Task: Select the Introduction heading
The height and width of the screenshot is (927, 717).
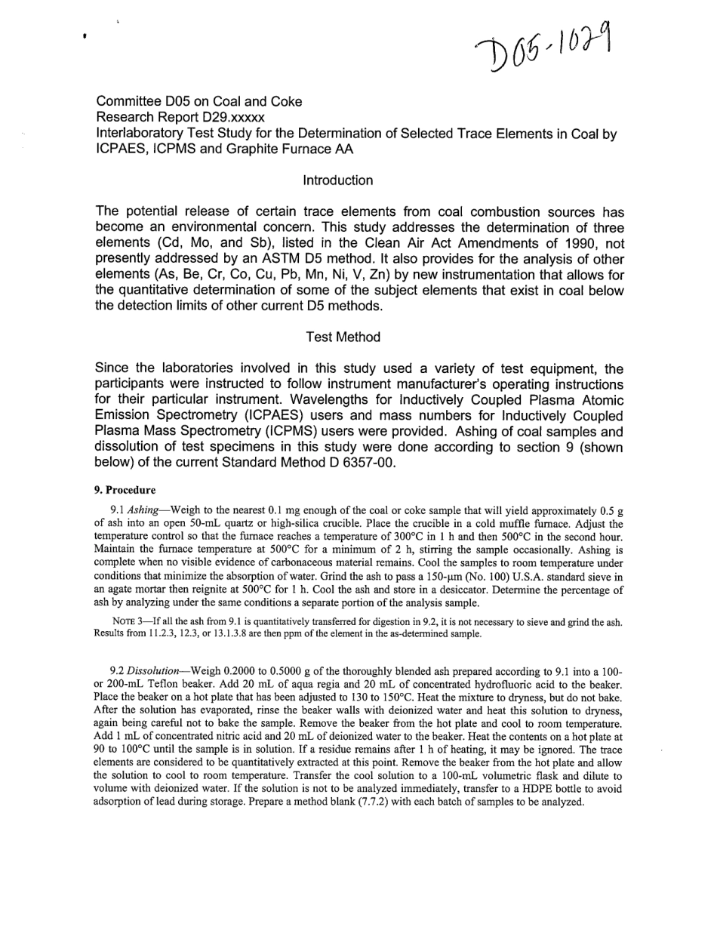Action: (x=337, y=180)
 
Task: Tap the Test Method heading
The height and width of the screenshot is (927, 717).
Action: (x=343, y=337)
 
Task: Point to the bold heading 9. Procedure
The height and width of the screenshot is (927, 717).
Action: (x=125, y=489)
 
